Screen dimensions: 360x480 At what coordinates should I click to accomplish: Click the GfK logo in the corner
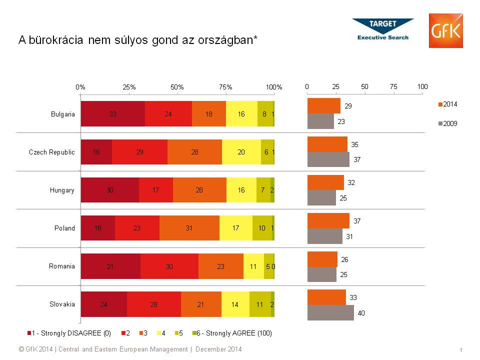tap(445, 31)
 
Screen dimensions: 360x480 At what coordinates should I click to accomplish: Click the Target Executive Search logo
tap(383, 29)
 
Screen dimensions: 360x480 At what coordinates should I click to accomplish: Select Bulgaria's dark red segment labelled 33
tap(113, 113)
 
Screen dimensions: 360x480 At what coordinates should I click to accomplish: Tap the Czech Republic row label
tap(52, 152)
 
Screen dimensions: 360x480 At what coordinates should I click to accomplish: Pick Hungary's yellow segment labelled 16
tap(241, 190)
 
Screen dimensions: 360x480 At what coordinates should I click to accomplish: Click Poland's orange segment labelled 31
tap(189, 228)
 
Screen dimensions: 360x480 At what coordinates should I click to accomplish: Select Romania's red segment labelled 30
tap(169, 266)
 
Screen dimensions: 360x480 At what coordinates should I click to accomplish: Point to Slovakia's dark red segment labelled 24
tap(104, 304)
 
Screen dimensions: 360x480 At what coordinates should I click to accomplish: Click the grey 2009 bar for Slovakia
tap(330, 312)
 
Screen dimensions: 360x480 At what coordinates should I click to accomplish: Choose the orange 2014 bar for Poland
tap(328, 220)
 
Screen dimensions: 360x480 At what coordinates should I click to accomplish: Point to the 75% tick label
tap(225, 87)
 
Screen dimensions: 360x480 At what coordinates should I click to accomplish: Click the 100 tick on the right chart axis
tap(422, 86)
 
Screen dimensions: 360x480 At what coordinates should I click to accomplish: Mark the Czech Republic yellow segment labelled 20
tap(241, 152)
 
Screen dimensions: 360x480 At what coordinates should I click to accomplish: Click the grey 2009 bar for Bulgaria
tap(320, 121)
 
